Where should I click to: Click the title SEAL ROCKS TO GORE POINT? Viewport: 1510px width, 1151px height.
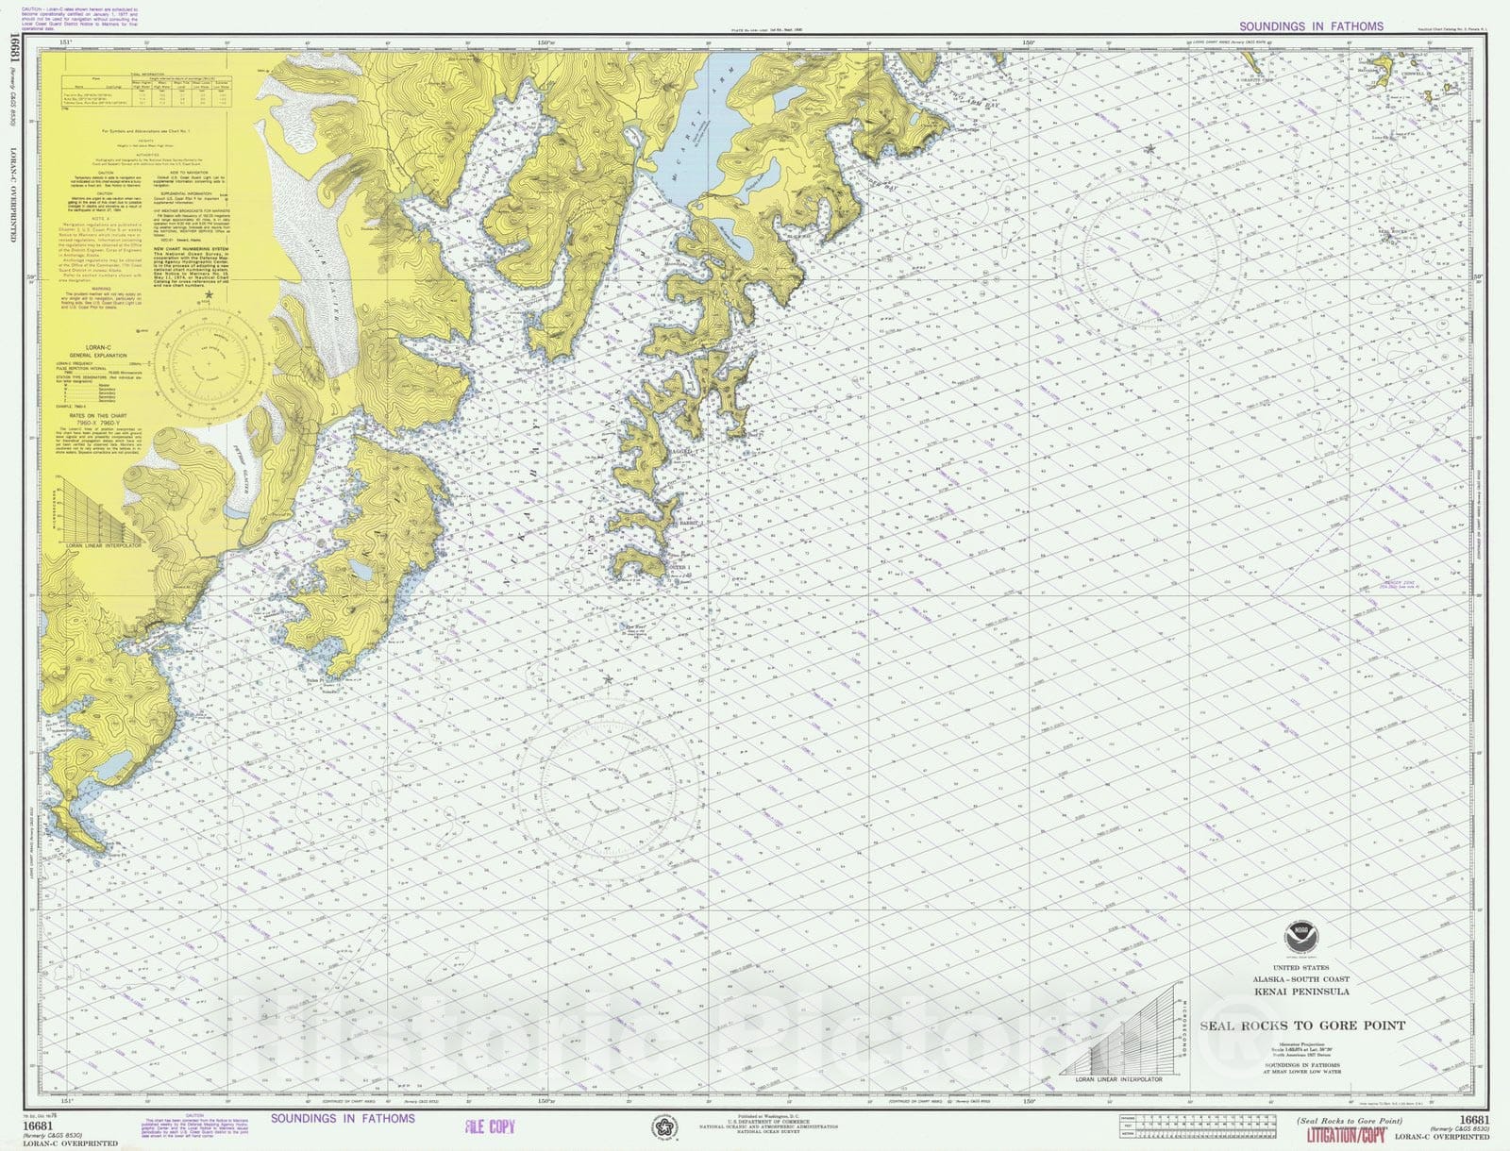(1301, 1026)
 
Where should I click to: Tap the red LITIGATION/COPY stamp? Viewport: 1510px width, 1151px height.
(1345, 1134)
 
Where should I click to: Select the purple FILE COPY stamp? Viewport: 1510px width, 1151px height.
(490, 1126)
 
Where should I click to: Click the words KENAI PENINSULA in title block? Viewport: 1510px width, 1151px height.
(1301, 992)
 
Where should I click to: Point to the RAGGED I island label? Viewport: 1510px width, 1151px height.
(682, 454)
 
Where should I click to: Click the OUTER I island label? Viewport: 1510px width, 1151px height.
(680, 568)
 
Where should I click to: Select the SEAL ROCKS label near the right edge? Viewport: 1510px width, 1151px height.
(1393, 231)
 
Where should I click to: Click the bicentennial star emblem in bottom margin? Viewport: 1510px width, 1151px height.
(664, 1127)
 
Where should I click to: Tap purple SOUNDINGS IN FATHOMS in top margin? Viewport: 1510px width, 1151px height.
(1311, 26)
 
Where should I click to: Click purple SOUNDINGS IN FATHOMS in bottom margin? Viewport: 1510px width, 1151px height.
(343, 1119)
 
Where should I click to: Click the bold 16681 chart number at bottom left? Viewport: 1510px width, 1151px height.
(37, 1126)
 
